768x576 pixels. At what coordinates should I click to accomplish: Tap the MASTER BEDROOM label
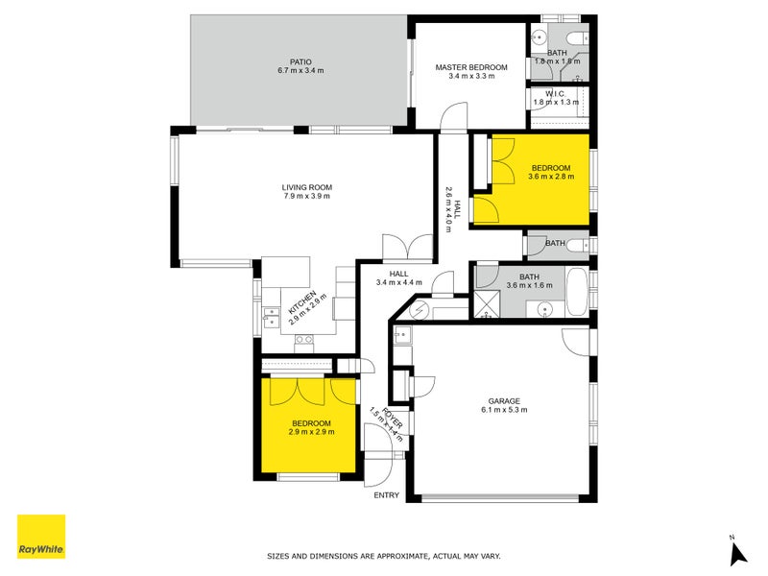[470, 68]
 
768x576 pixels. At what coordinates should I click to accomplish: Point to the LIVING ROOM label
[306, 187]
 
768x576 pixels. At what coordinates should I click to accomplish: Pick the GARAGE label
[504, 400]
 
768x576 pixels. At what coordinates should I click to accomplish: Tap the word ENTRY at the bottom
[386, 495]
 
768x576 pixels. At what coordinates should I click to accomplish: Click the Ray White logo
[41, 537]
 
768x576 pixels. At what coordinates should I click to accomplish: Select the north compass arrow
[737, 552]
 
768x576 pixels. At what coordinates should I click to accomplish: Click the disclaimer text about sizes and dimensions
[383, 556]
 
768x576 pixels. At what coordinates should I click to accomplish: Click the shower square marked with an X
[488, 307]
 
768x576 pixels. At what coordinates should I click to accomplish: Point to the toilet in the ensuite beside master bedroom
[575, 38]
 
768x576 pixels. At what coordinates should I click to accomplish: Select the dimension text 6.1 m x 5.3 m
[504, 410]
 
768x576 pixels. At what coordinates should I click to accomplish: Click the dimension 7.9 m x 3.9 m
[306, 196]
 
